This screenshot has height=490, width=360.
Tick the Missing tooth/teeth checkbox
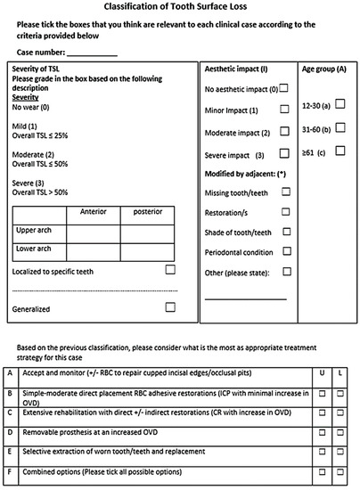pyautogui.click(x=285, y=191)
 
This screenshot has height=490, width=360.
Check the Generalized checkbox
pyautogui.click(x=170, y=307)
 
